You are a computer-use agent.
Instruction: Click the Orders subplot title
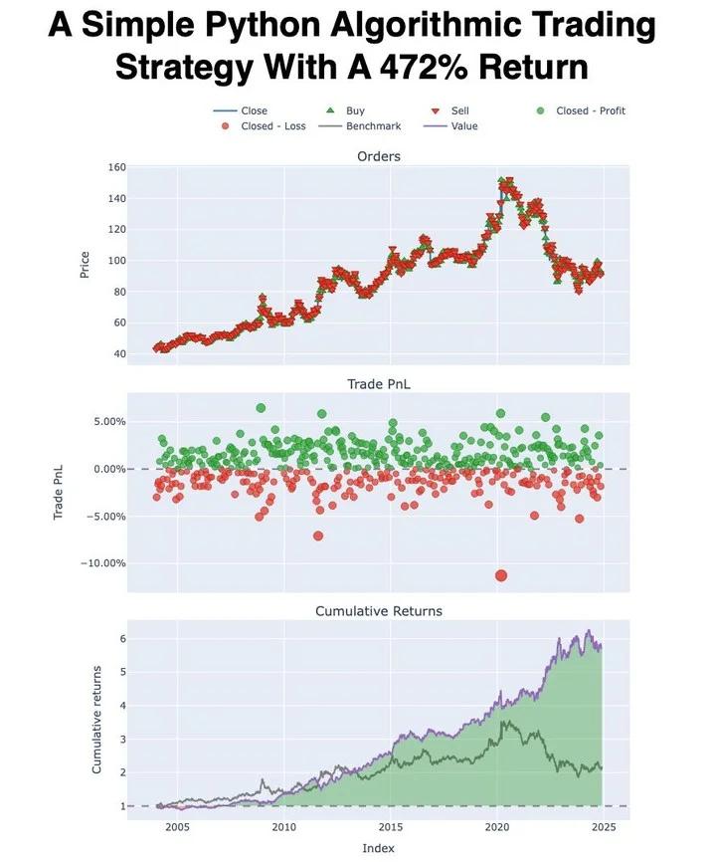(378, 156)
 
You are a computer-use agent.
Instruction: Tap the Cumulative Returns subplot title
(378, 610)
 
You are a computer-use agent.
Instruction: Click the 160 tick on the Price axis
(116, 167)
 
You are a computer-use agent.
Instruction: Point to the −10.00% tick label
(103, 563)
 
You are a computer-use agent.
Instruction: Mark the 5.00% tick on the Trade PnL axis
(107, 421)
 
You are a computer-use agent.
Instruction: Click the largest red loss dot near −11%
(501, 575)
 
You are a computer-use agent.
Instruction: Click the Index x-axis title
(378, 848)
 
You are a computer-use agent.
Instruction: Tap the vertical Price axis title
(85, 264)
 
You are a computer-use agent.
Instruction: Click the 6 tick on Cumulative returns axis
(120, 638)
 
